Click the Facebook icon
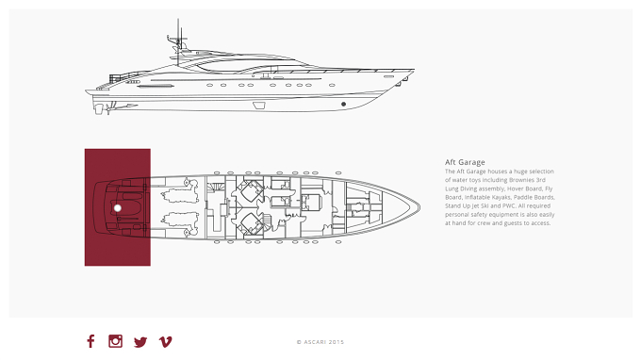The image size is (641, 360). pyautogui.click(x=90, y=341)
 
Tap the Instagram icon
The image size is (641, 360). pyautogui.click(x=115, y=341)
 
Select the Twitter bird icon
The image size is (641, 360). pyautogui.click(x=140, y=342)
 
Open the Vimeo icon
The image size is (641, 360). pyautogui.click(x=166, y=341)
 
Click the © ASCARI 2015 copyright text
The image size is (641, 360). pyautogui.click(x=320, y=342)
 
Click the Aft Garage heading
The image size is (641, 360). pyautogui.click(x=465, y=162)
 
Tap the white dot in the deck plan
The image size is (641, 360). pyautogui.click(x=117, y=208)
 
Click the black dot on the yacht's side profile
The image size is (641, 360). pyautogui.click(x=343, y=105)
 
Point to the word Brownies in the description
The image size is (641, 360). pyautogui.click(x=521, y=180)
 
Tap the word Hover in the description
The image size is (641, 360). pyautogui.click(x=515, y=188)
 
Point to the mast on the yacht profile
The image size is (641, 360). pyautogui.click(x=178, y=41)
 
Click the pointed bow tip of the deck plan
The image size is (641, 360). pyautogui.click(x=419, y=207)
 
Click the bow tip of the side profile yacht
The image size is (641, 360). pyautogui.click(x=414, y=70)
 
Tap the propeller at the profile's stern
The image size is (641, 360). pyautogui.click(x=108, y=108)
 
